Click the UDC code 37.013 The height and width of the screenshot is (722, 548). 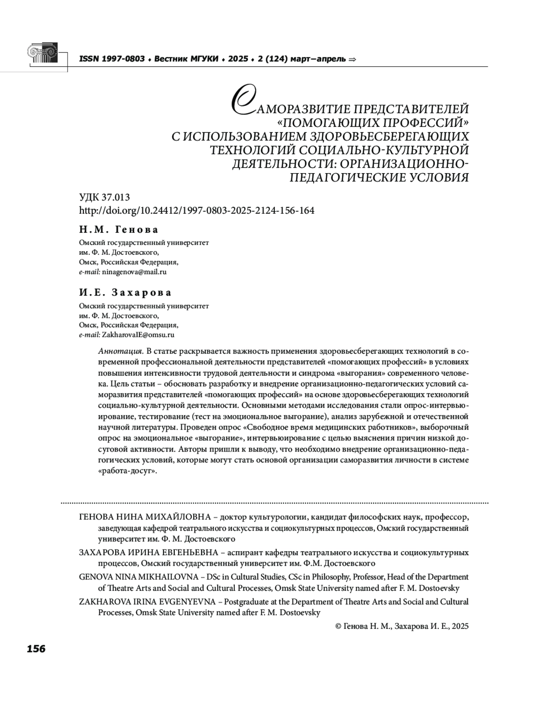click(x=117, y=197)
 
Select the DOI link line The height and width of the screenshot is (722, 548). click(x=196, y=211)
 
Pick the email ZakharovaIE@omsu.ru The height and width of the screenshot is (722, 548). click(x=138, y=335)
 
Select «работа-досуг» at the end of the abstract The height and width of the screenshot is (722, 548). click(x=127, y=471)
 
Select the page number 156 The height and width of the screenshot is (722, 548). click(x=36, y=648)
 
